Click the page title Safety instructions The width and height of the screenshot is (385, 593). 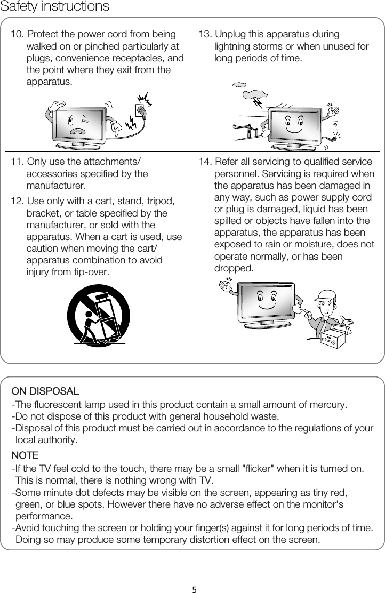pyautogui.click(x=54, y=7)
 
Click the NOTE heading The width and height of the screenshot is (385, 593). pyautogui.click(x=25, y=456)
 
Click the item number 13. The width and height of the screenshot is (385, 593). pyautogui.click(x=205, y=35)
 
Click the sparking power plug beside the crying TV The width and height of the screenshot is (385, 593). pyautogui.click(x=141, y=110)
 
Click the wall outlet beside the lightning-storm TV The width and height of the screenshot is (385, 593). pyautogui.click(x=335, y=125)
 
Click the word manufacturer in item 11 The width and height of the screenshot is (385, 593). pyautogui.click(x=55, y=186)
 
